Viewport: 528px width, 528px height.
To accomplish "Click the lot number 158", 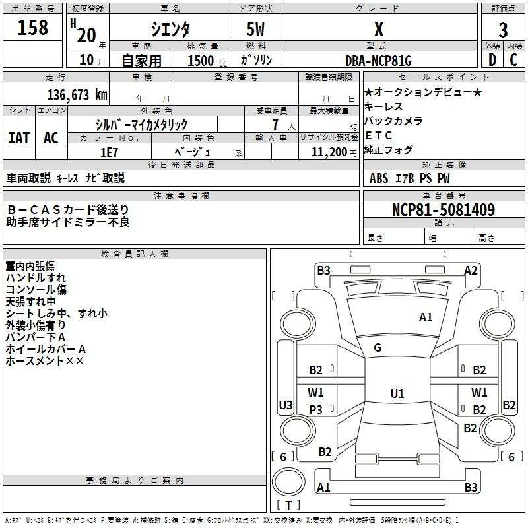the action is click(32, 28).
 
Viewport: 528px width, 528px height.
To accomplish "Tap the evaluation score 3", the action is click(503, 30).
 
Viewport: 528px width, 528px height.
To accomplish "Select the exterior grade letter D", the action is click(492, 60).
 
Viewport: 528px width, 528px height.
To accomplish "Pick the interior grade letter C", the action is click(513, 60).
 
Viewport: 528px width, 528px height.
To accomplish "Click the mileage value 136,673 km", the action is click(77, 95).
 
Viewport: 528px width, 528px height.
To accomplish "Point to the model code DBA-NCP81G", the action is click(378, 61).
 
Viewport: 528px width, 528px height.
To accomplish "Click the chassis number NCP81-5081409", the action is click(444, 209).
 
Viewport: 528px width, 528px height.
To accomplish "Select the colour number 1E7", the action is click(109, 152).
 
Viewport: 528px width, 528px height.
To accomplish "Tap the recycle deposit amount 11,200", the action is click(329, 152).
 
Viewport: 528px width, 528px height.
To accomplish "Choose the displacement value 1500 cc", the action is click(207, 61).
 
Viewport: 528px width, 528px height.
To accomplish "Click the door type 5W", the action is click(255, 29).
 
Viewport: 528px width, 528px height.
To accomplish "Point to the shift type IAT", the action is click(19, 138).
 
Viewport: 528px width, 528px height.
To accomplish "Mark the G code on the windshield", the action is click(378, 348).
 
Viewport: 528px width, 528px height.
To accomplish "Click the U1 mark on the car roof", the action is click(397, 393).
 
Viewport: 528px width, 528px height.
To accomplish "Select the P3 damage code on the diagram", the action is click(315, 409).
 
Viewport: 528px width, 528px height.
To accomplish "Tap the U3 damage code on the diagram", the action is click(286, 405).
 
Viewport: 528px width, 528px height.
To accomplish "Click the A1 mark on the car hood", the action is click(425, 317).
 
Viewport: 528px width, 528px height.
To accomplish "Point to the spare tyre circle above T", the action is click(288, 482).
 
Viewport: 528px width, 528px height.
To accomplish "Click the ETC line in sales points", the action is click(378, 135).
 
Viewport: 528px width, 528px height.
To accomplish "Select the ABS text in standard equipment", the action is click(378, 178).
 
